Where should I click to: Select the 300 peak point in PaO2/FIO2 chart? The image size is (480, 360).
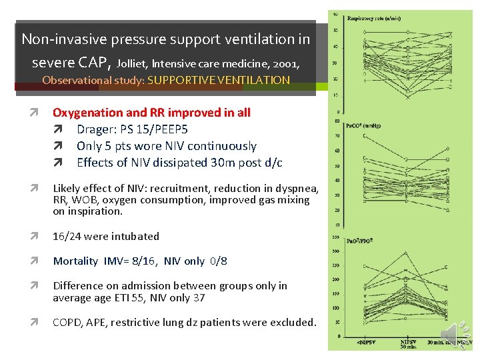(x=406, y=252)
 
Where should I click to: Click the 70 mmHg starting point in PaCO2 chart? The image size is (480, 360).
(x=364, y=136)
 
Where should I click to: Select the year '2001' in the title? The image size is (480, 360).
(x=282, y=65)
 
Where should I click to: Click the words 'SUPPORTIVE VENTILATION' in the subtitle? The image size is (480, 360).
(x=219, y=81)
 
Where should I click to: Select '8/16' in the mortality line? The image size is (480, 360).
(x=141, y=261)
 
